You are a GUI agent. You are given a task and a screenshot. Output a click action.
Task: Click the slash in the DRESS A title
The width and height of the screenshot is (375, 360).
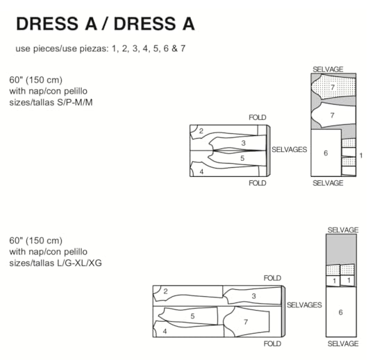[103, 24]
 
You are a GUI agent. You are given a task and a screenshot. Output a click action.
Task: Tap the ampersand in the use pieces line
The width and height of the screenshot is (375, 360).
[174, 49]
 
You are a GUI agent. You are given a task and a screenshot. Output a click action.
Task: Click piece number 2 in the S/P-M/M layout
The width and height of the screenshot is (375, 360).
[201, 131]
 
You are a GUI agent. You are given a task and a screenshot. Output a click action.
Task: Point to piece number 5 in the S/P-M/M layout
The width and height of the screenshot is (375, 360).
[242, 158]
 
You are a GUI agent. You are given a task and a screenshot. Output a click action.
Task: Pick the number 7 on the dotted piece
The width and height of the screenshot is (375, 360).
[333, 87]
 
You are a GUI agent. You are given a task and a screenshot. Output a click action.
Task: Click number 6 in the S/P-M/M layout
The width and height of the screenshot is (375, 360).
[326, 153]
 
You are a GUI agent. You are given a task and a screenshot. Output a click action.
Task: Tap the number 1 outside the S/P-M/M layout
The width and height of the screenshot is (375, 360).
[361, 155]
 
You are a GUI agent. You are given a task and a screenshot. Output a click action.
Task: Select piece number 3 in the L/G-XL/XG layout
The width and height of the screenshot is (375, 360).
[253, 296]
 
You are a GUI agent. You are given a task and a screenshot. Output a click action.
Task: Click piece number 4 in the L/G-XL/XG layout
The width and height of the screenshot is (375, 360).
[165, 332]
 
